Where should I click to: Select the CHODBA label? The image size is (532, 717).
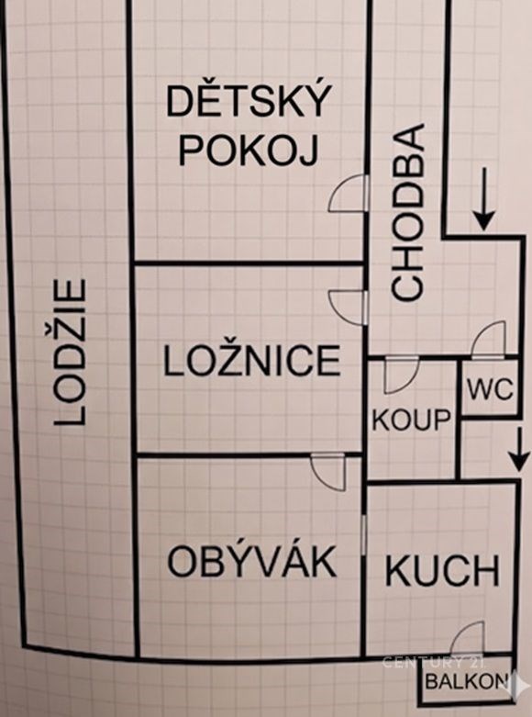tap(407, 212)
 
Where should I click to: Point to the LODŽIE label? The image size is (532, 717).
tap(70, 353)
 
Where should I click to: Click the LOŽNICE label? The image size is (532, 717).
tap(252, 361)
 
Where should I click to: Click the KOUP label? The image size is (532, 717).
tap(411, 420)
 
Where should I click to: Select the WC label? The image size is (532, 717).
tap(490, 390)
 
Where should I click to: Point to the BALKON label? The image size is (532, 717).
tap(467, 681)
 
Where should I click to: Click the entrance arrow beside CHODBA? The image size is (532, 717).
tap(484, 199)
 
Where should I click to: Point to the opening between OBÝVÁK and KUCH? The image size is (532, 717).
tap(364, 533)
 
